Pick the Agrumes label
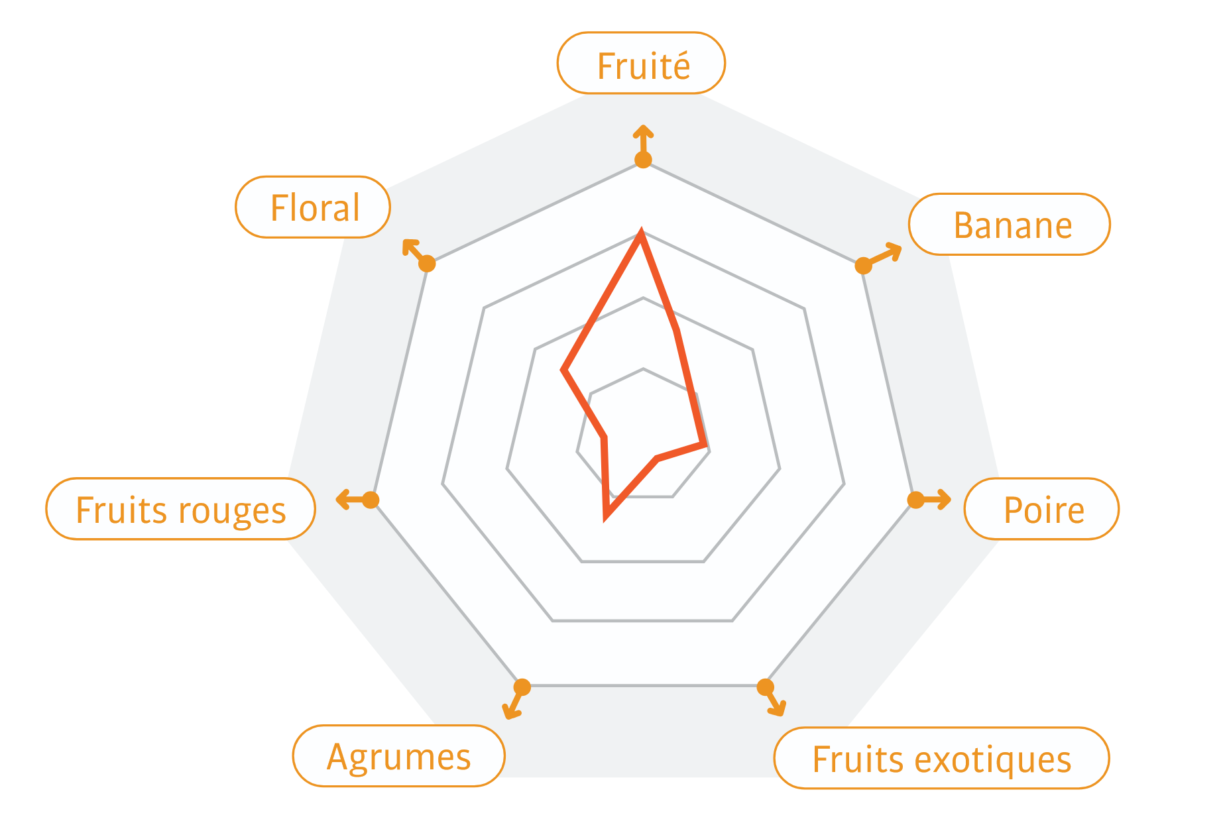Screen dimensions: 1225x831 [398, 756]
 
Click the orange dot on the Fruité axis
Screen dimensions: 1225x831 [643, 160]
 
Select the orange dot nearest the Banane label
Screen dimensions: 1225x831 [863, 266]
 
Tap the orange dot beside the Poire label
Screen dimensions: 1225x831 [915, 500]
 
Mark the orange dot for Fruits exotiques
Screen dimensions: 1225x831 [766, 687]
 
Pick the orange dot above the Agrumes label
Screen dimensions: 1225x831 [522, 687]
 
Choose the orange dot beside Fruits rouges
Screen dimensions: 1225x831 [371, 500]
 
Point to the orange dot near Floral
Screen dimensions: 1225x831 [428, 263]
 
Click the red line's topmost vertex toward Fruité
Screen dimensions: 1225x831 [641, 232]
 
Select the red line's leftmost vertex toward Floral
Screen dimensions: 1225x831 [563, 370]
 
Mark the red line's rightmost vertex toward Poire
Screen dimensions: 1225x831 [705, 444]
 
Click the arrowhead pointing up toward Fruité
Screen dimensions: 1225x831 [643, 130]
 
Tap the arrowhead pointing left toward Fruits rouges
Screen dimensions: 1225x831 [342, 499]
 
